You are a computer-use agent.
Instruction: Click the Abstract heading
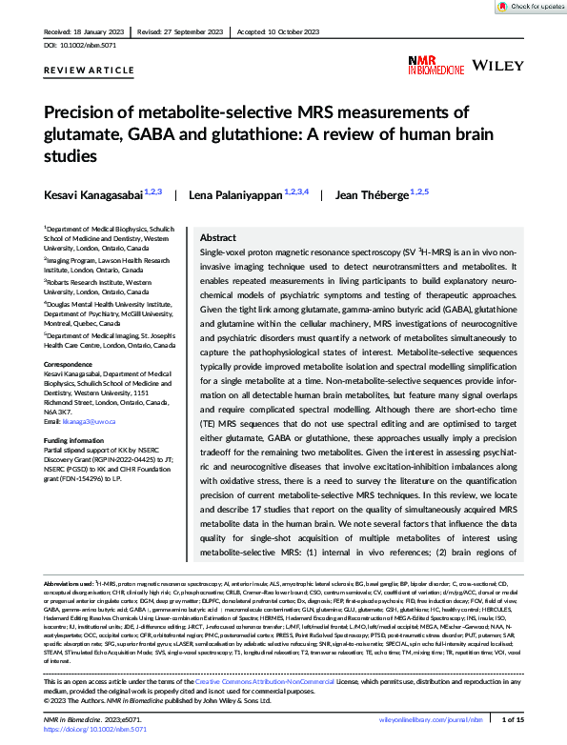coord(218,237)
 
